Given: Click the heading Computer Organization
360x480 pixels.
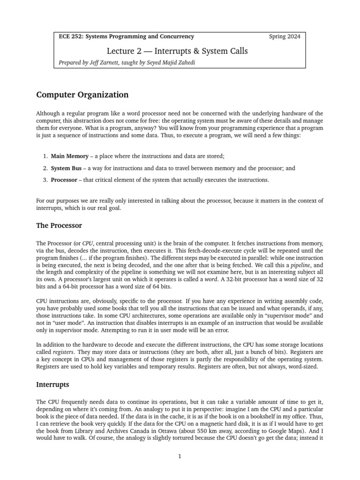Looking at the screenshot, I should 82,95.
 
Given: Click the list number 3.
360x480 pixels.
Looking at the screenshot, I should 45,180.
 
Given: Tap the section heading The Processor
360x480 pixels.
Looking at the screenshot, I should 59,225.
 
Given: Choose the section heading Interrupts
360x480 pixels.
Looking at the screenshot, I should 52,384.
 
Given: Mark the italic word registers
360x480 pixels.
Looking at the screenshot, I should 63,351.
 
